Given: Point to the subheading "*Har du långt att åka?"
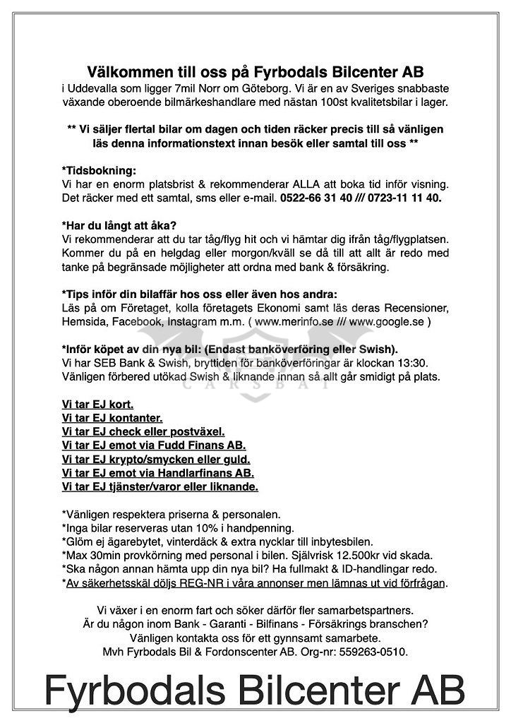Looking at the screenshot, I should [121, 226].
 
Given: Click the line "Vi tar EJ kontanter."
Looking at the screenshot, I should [112, 418].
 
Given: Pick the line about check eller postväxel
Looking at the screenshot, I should [143, 431].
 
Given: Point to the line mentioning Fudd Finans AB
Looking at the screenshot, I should [154, 446].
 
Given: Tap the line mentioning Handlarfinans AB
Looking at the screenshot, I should [158, 473].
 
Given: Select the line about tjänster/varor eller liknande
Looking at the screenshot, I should [160, 487].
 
